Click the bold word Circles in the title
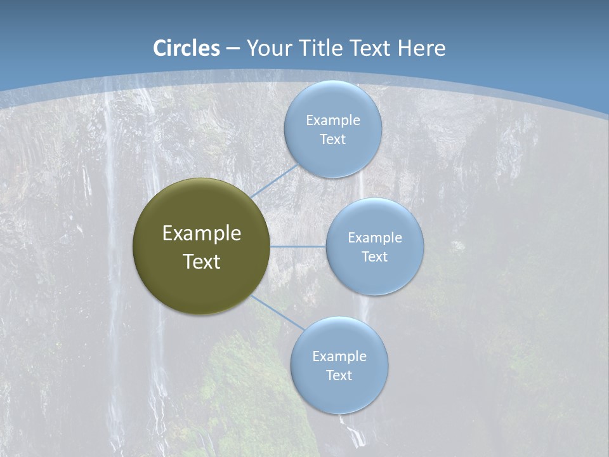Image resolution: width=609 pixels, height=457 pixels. pos(187,48)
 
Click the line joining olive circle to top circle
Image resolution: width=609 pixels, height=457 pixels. pos(275,180)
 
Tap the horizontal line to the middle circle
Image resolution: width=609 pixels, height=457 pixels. pos(298,246)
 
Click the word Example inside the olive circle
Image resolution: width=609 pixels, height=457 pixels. pos(202,234)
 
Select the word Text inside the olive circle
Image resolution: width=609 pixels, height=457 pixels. pos(202,262)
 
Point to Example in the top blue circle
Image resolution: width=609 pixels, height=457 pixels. pos(333,121)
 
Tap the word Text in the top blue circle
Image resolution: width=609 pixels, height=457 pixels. pos(332,140)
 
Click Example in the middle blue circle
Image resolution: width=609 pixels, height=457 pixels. pos(375,238)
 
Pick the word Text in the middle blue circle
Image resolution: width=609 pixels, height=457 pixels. pos(374,257)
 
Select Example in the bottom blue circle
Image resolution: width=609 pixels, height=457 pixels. pos(339,357)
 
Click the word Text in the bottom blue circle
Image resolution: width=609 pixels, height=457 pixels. pos(339,376)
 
